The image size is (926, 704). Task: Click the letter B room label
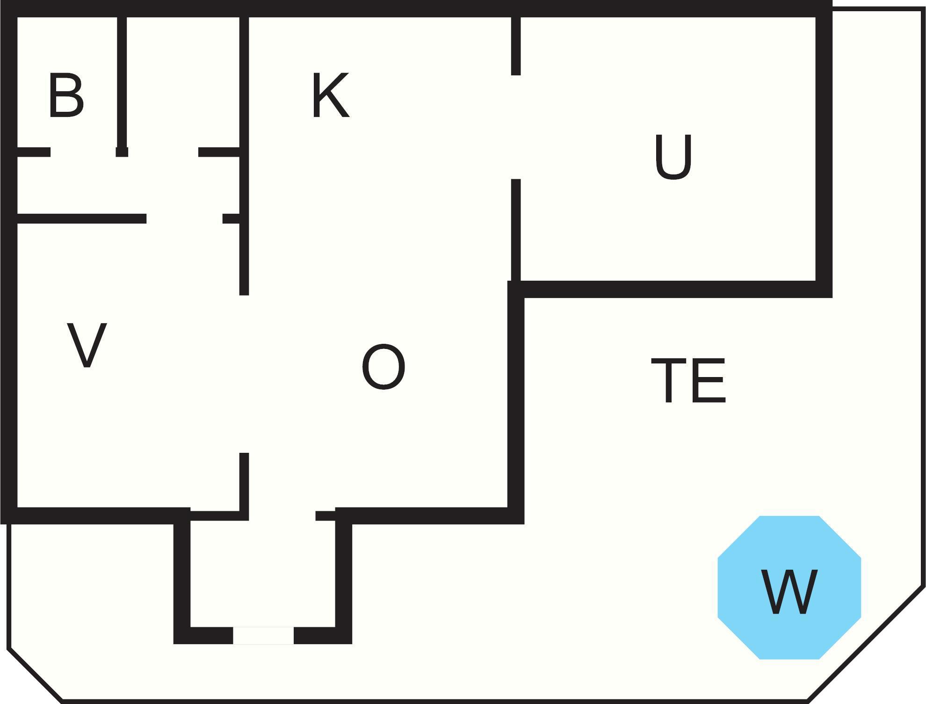pos(66,95)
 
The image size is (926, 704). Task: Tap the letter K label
pos(331,95)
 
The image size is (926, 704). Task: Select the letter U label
pos(673,157)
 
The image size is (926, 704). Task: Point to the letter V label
pos(87,345)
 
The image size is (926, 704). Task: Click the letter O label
pos(383,366)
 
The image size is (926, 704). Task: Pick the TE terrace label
pos(688,380)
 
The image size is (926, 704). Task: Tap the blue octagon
pos(789,588)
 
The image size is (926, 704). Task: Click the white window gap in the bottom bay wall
pos(263,636)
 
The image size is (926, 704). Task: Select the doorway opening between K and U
pos(516,127)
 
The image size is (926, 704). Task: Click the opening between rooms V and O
pos(244,374)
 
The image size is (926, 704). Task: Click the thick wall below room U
pos(670,290)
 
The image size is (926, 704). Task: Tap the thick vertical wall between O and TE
pos(516,402)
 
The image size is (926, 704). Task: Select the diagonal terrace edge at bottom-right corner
pos(866,644)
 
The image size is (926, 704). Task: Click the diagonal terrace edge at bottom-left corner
pos(35,675)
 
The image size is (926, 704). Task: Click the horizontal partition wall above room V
pos(82,218)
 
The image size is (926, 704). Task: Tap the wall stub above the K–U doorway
pos(516,46)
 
